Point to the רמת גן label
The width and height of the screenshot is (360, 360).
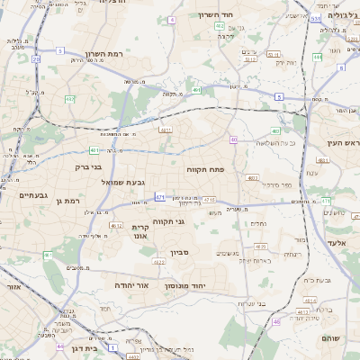(x=67, y=201)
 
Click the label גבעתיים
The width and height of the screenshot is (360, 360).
(x=33, y=194)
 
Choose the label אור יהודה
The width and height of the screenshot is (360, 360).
(x=131, y=284)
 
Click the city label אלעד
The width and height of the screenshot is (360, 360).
(x=337, y=243)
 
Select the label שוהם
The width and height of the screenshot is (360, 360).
(x=331, y=338)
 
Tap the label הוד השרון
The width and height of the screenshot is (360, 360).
(x=215, y=15)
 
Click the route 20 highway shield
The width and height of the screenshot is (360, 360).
(x=36, y=58)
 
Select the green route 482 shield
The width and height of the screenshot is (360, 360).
(x=69, y=99)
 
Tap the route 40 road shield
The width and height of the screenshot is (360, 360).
(x=232, y=139)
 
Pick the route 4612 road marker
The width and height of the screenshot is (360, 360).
(x=116, y=225)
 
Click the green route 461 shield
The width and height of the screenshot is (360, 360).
(x=47, y=256)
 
